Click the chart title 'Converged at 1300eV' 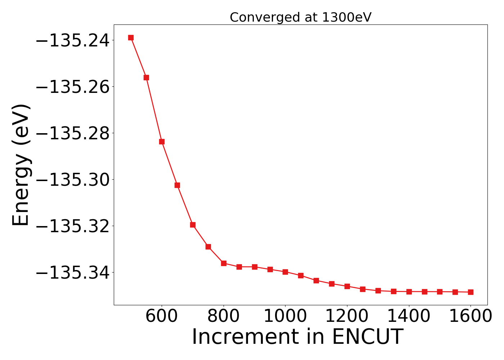point(301,17)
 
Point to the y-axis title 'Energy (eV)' point(21,165)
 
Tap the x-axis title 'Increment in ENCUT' point(297,337)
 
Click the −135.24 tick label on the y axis point(73,41)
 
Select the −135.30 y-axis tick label point(73,180)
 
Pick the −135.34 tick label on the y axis point(73,273)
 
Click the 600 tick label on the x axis point(162,316)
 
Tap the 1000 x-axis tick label point(285,316)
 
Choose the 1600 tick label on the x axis point(471,316)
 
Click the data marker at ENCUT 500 point(131,37)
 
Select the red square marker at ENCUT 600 point(162,141)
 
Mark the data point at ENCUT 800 point(224,263)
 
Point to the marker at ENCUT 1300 point(378,291)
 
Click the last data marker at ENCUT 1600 point(471,292)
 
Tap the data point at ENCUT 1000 point(285,272)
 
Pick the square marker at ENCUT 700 point(193,225)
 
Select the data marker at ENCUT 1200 point(347,286)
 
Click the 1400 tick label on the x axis point(409,316)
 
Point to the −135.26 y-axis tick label point(73,87)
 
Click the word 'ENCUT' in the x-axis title point(367,337)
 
